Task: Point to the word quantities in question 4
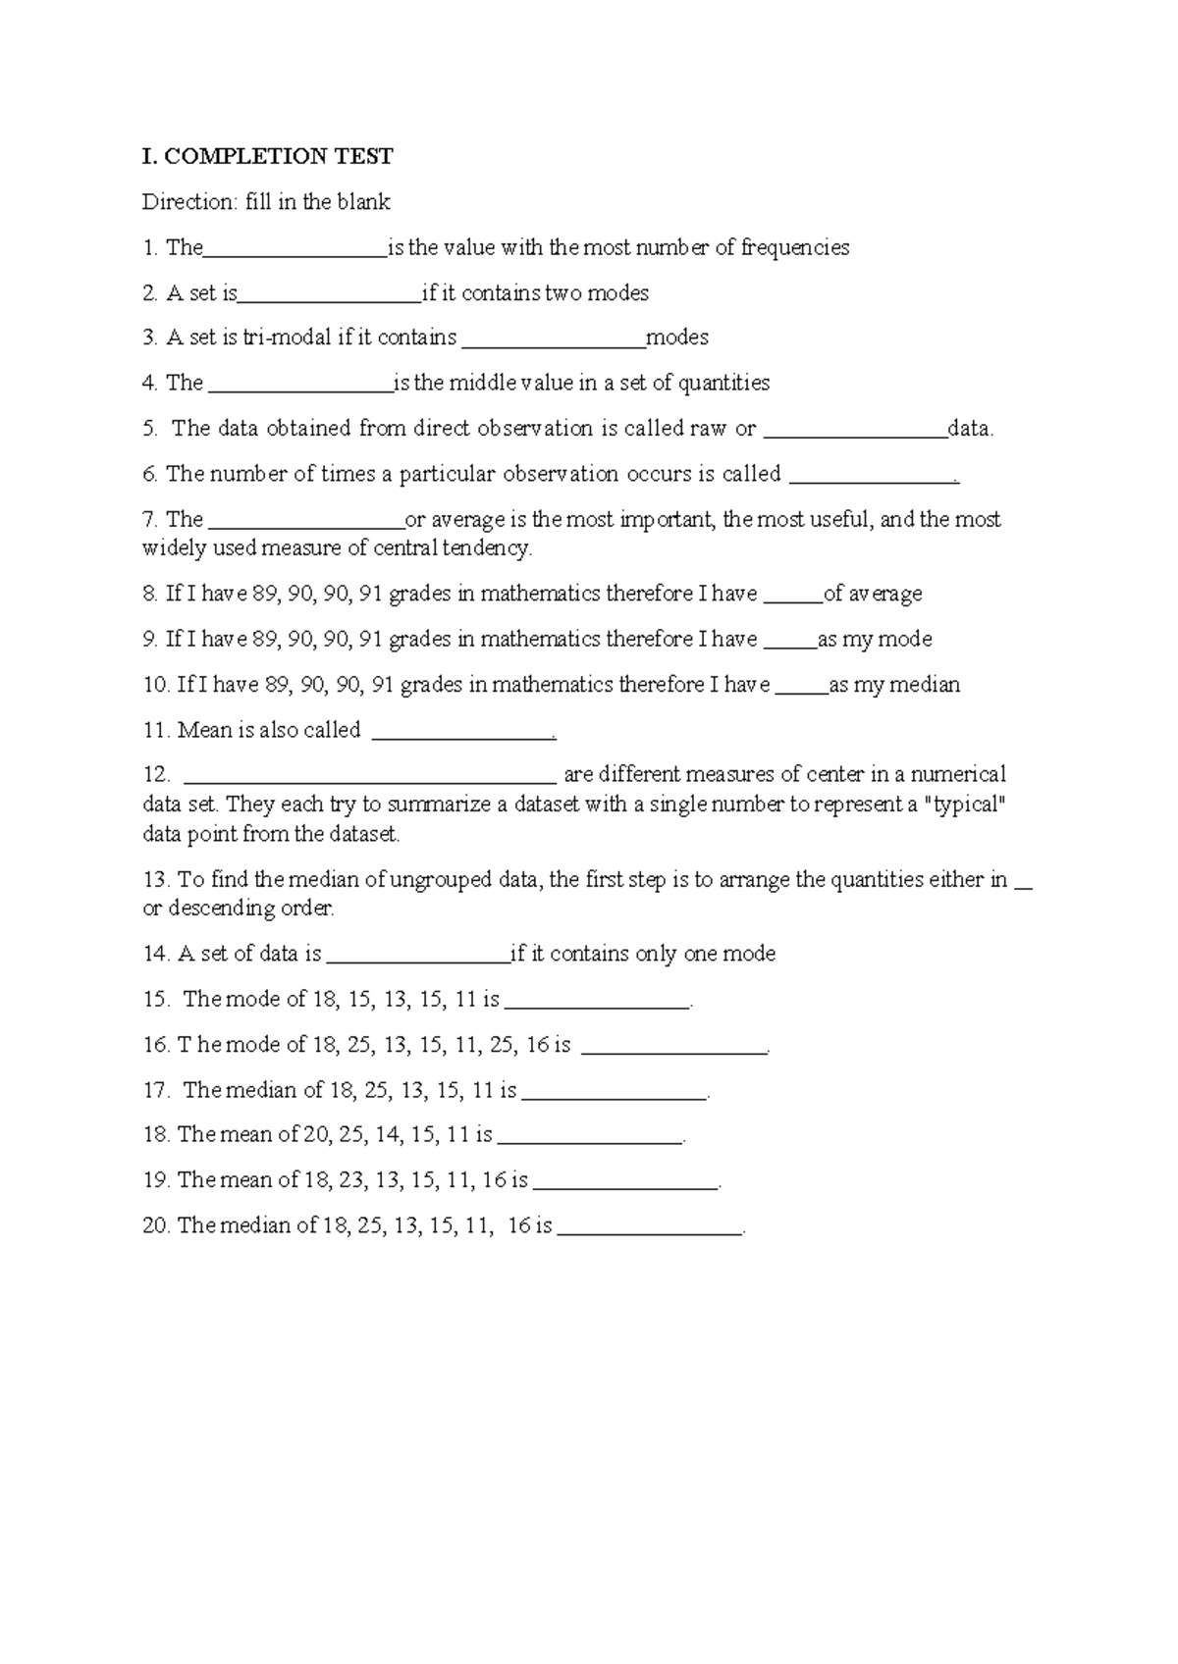tap(723, 384)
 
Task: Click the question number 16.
tap(155, 1045)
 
